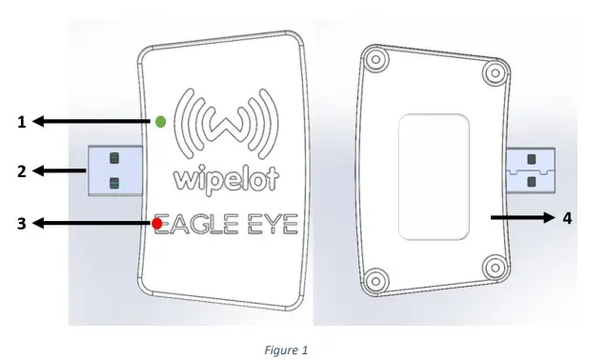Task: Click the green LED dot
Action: coord(161,121)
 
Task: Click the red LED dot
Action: coord(156,224)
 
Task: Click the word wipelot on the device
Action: coord(221,179)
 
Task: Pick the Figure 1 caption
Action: coord(287,350)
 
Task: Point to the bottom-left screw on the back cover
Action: coord(374,280)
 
